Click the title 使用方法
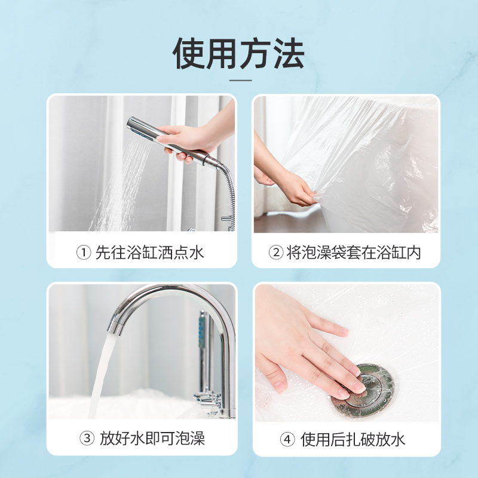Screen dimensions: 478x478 pos(238,54)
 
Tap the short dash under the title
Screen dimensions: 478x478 pos(241,81)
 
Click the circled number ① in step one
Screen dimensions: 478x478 pos(84,253)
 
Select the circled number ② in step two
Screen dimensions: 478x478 pos(276,253)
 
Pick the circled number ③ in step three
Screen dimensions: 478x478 pos(87,439)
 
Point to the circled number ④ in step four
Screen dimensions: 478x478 pos(287,440)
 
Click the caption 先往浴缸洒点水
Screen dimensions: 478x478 pos(149,253)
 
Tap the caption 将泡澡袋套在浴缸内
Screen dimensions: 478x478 pos(354,253)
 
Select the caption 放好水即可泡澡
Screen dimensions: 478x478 pos(152,439)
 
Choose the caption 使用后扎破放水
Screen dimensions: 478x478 pos(353,440)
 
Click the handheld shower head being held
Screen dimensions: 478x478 pos(171,140)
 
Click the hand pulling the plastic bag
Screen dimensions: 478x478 pos(293,186)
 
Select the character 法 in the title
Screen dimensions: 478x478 pos(289,54)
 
